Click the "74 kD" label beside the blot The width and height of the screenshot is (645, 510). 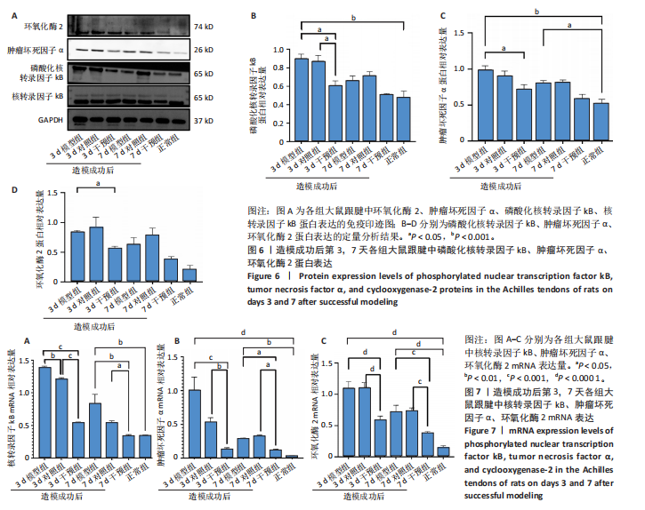click(204, 28)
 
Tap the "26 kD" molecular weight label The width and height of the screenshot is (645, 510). click(204, 52)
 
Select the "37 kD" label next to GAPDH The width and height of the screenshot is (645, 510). click(204, 119)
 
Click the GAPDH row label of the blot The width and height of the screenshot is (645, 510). click(22, 119)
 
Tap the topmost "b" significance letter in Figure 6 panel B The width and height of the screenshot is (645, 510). click(353, 18)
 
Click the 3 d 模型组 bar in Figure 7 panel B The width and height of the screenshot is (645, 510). click(195, 423)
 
